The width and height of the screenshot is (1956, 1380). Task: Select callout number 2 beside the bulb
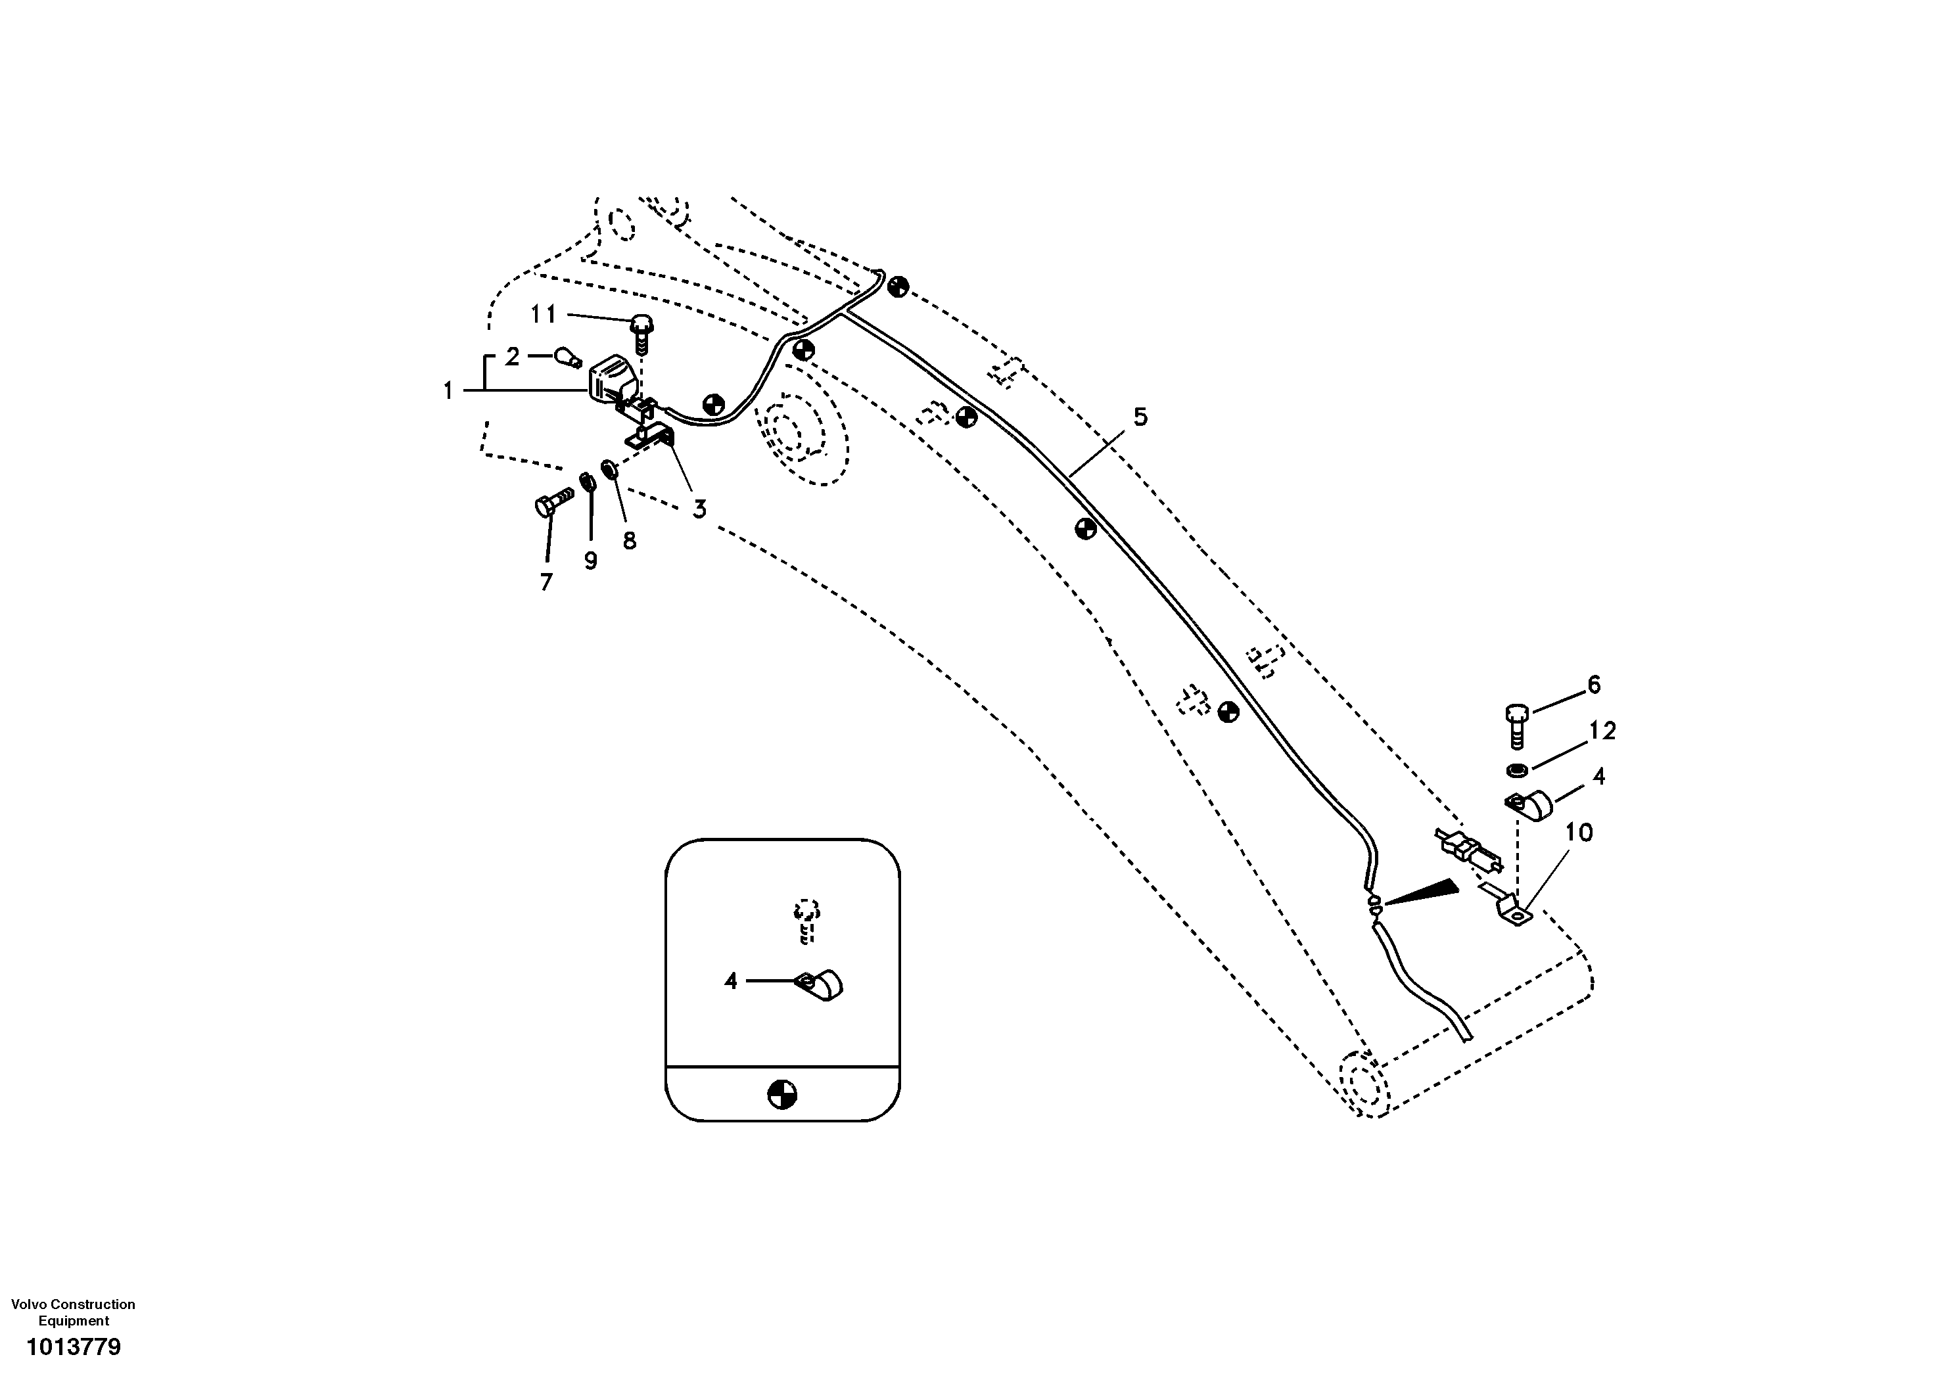click(x=512, y=356)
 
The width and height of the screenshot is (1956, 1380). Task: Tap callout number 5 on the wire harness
click(x=1140, y=417)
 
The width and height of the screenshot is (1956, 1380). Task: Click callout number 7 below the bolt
click(x=546, y=582)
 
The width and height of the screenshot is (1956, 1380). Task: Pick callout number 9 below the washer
click(x=590, y=561)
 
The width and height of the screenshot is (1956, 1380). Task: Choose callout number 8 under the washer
click(x=630, y=540)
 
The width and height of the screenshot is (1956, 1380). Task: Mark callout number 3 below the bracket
click(x=699, y=509)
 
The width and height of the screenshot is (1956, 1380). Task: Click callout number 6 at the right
click(x=1593, y=685)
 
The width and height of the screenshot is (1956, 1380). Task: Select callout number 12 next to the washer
click(x=1602, y=731)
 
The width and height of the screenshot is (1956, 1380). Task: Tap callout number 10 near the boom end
click(x=1579, y=832)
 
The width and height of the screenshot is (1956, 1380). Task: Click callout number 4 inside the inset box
click(x=730, y=981)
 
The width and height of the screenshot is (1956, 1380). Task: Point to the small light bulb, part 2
click(x=569, y=359)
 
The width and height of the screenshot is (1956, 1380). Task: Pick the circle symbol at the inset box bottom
click(x=782, y=1093)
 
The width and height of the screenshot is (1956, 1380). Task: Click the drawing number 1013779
click(x=74, y=1346)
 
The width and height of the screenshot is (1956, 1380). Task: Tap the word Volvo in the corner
click(x=30, y=1304)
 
